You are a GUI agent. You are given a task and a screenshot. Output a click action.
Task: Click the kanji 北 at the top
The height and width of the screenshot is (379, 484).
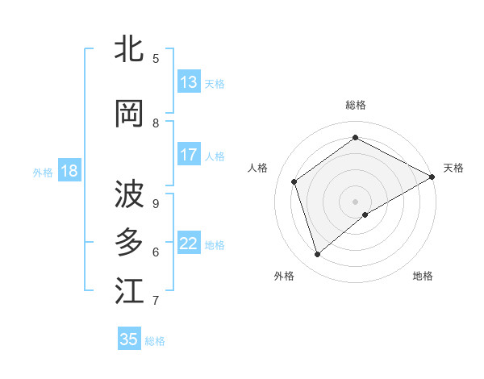pos(129,49)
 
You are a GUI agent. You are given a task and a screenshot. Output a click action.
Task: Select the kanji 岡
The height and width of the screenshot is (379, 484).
pos(129,114)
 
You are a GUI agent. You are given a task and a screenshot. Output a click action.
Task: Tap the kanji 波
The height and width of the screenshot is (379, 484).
pos(129,194)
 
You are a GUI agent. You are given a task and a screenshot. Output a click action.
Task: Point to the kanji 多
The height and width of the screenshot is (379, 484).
pos(129,243)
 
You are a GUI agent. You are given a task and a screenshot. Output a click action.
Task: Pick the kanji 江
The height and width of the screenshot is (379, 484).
pos(129,291)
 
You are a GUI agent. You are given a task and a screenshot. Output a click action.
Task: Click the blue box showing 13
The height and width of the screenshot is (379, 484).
pos(189,82)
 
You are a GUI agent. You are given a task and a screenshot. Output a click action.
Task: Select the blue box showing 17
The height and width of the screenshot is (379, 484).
pos(189,155)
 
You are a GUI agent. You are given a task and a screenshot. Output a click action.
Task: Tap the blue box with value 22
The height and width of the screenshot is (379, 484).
pos(189,244)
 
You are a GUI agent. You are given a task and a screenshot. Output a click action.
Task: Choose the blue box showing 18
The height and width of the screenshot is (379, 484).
pos(69,171)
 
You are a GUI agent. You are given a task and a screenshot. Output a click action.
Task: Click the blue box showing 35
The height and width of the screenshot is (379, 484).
pos(129,339)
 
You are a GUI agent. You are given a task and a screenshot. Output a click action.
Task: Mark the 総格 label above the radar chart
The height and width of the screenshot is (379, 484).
pos(355,106)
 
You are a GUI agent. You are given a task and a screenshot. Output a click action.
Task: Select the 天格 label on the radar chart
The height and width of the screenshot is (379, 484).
pos(453,168)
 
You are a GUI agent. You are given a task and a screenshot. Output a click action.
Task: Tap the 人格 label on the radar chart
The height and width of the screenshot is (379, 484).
pos(258,168)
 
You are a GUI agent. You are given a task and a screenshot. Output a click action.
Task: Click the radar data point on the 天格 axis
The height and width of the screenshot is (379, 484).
pos(432,177)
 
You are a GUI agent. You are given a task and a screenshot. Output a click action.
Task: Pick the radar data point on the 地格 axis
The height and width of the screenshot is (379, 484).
pos(365,214)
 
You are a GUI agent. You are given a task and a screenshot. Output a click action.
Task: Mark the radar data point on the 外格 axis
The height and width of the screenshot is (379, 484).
pos(317,255)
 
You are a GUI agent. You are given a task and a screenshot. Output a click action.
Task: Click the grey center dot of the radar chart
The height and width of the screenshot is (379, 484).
pos(355,201)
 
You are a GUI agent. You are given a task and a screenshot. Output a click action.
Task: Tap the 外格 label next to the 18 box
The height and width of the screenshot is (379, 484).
pos(43,172)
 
